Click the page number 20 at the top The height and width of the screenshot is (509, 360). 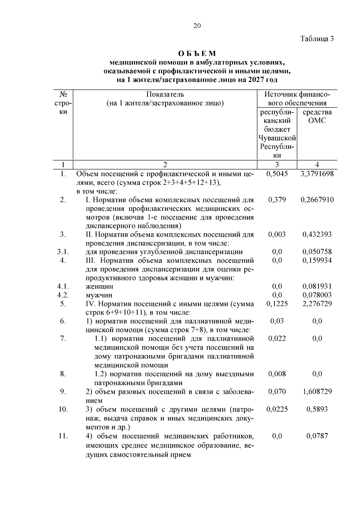197,26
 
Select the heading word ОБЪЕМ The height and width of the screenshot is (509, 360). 197,54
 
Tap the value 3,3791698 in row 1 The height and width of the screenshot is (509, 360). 317,174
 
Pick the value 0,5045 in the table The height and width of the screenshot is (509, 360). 277,174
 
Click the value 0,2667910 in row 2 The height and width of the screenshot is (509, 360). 317,200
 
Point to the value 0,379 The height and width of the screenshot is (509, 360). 277,200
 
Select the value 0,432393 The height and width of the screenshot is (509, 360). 317,235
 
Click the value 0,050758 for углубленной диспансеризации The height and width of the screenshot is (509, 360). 317,252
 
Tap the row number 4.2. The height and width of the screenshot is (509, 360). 63,295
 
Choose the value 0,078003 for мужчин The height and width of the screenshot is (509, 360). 317,295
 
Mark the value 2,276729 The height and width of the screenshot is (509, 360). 317,304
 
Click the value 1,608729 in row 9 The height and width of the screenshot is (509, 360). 317,392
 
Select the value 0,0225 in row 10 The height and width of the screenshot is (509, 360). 277,409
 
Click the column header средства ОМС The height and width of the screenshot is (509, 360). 317,116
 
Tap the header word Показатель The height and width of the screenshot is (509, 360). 165,95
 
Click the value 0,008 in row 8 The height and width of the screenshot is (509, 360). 277,374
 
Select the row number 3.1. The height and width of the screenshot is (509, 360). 63,252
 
